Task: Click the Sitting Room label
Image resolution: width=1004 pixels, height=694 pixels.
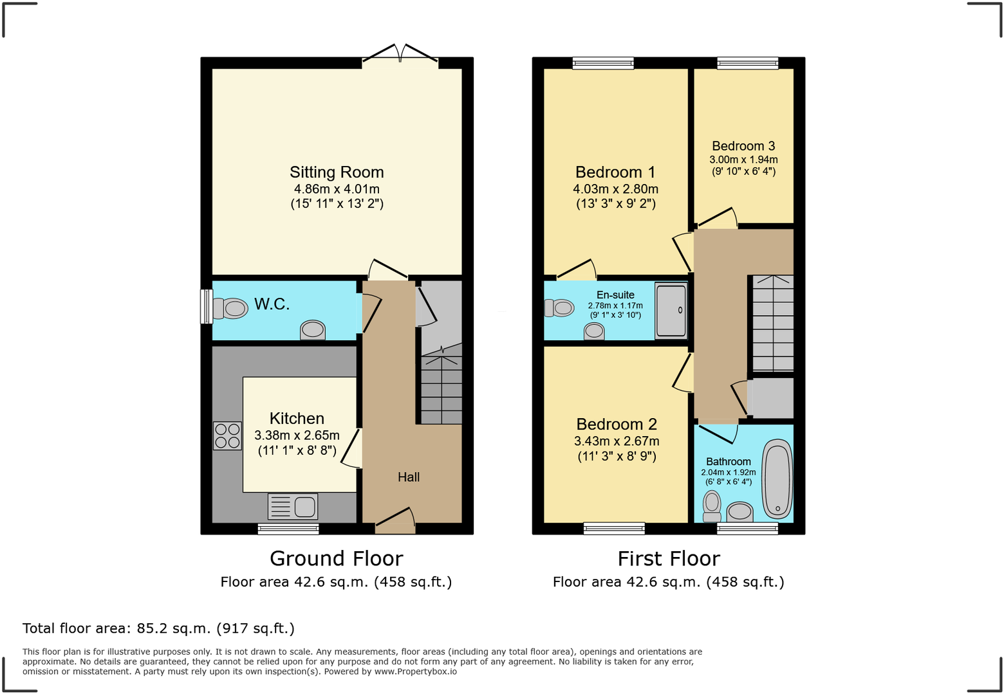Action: (x=336, y=172)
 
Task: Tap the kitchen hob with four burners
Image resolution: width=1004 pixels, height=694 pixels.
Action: (x=227, y=435)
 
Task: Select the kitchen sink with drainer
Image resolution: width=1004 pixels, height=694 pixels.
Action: (x=293, y=507)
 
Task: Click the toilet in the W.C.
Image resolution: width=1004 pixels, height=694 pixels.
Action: (x=230, y=309)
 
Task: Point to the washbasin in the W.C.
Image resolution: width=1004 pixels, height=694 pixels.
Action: (x=313, y=329)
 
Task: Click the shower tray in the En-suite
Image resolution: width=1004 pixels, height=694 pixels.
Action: (x=671, y=311)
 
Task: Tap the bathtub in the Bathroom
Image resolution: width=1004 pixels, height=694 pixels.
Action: (x=777, y=479)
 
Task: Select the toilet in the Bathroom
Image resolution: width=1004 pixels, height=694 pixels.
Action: (x=712, y=506)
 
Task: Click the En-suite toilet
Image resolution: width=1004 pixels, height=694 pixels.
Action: (x=559, y=308)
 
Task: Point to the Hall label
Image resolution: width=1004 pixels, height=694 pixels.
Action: (x=409, y=477)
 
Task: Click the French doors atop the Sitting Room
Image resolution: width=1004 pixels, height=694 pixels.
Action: (x=400, y=55)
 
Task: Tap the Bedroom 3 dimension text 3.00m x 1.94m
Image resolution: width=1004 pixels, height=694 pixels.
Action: (x=743, y=160)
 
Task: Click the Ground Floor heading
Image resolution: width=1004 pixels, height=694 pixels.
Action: (x=336, y=558)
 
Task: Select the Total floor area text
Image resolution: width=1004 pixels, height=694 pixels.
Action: (x=158, y=628)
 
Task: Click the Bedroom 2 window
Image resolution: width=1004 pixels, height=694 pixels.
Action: (x=614, y=529)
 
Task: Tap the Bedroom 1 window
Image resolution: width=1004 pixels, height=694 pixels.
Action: (x=603, y=63)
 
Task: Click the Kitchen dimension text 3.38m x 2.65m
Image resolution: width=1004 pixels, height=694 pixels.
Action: (x=297, y=435)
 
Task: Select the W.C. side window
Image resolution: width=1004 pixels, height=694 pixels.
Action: (x=207, y=306)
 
